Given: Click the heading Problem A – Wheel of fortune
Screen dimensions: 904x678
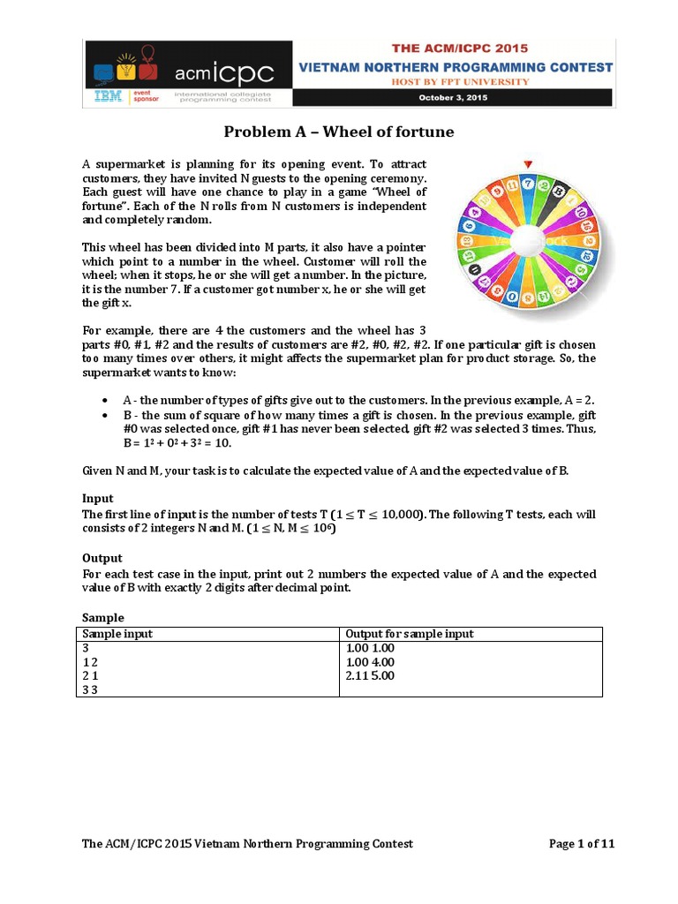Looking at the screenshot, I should tap(338, 132).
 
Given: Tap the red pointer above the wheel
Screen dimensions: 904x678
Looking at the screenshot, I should tap(527, 163).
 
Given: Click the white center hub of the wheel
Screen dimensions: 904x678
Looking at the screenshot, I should tap(527, 240).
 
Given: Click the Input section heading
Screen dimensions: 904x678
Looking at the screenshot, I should tap(98, 499).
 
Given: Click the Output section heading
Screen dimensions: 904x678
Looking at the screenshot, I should tap(102, 558).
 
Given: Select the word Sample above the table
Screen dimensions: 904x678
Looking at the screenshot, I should tap(103, 618).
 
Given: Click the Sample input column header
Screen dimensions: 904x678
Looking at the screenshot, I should tap(117, 634).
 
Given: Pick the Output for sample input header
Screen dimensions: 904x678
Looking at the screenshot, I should tap(409, 634).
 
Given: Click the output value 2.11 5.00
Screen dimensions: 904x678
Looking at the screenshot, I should tap(370, 675).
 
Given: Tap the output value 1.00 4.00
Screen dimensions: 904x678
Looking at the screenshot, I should tap(370, 661).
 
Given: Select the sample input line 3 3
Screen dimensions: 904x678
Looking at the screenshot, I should tap(89, 689).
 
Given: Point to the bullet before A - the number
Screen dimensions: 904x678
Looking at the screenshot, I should tap(106, 400).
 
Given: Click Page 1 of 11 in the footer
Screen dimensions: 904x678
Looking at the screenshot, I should tap(582, 844).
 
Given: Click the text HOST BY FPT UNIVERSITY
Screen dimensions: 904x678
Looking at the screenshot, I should tap(455, 81).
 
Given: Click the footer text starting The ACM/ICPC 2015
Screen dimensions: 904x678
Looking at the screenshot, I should tap(247, 844).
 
